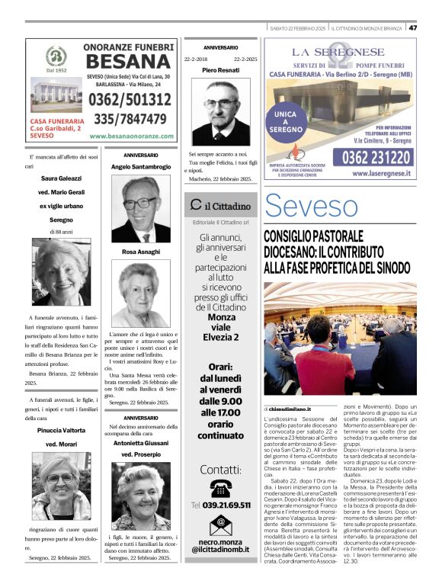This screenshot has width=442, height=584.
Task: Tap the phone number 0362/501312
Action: (x=130, y=100)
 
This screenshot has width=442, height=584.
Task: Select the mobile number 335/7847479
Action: (x=130, y=119)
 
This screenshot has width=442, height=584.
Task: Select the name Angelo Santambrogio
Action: (x=141, y=166)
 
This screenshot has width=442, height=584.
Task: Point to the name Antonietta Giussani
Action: (x=141, y=443)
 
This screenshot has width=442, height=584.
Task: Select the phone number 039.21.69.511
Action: (x=222, y=505)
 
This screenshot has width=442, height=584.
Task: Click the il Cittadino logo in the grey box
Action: (x=221, y=205)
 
